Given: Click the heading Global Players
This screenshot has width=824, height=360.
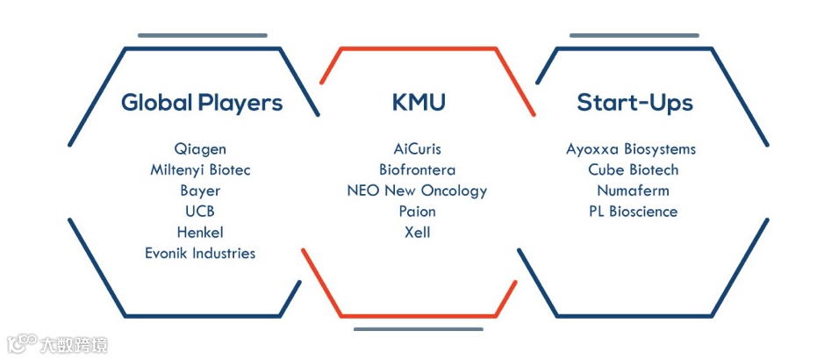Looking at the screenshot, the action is (x=202, y=103).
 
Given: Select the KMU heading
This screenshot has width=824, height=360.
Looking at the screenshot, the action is (x=419, y=103).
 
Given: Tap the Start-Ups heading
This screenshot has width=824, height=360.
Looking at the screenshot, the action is (x=634, y=103).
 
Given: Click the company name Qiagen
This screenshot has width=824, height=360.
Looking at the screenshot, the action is (x=200, y=148).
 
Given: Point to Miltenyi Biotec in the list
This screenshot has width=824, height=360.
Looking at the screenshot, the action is (x=200, y=169).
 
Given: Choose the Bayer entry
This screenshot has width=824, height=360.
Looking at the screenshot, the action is (x=200, y=191).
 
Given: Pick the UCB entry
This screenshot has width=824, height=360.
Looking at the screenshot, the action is (x=200, y=212).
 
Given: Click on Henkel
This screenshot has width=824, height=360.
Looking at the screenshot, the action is (x=200, y=233).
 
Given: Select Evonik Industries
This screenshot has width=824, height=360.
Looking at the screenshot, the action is (x=200, y=254).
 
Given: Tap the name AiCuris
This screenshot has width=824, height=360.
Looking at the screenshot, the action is (x=418, y=148).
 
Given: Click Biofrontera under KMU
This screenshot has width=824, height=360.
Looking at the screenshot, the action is (x=418, y=169).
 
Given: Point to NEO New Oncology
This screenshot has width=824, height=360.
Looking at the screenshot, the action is (x=418, y=191).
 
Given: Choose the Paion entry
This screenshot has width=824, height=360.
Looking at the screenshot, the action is (x=418, y=212).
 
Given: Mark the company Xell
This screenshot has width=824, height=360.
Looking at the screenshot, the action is (x=418, y=233).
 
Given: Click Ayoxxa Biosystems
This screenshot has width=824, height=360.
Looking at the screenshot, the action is (x=632, y=148).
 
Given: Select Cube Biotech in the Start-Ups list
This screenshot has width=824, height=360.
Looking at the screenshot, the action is (x=633, y=169).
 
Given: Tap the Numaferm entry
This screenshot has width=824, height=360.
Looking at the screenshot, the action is (x=633, y=191).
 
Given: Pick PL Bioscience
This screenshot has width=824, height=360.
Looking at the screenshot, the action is (x=633, y=212).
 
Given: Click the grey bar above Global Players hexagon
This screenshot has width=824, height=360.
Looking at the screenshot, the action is (x=202, y=35).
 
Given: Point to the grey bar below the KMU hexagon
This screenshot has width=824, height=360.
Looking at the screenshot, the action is (x=419, y=329).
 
